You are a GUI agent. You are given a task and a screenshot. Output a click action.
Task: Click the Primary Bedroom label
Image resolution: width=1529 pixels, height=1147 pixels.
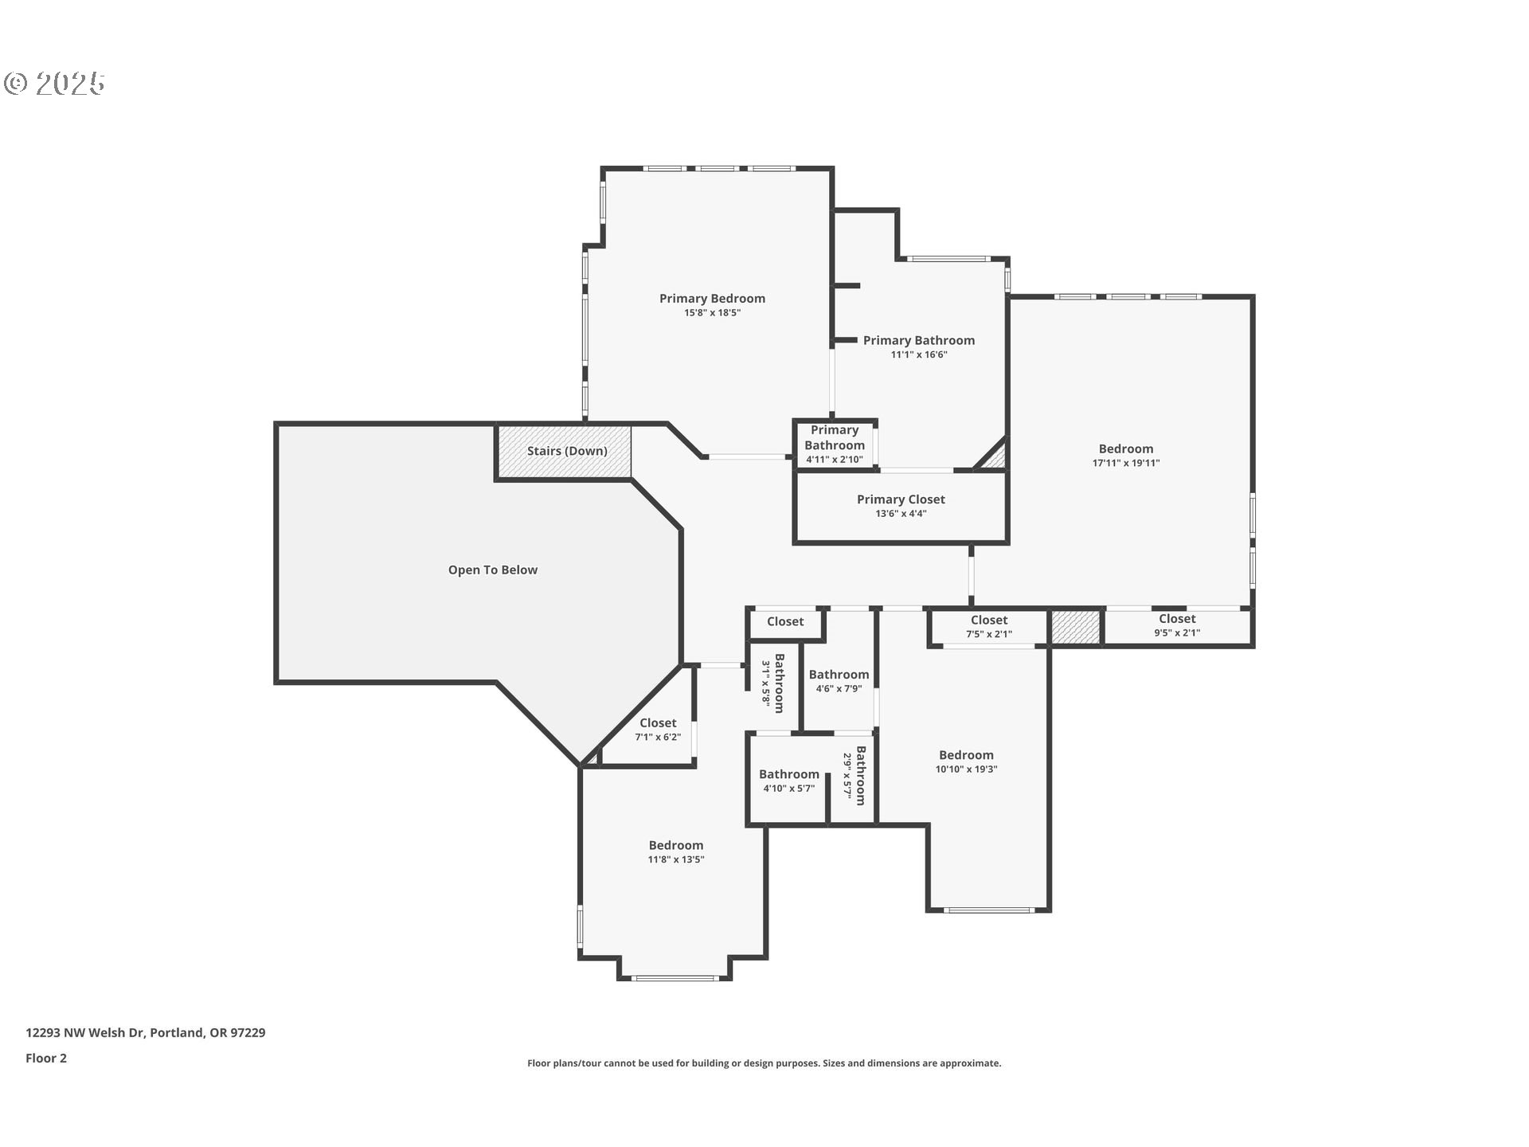(x=712, y=299)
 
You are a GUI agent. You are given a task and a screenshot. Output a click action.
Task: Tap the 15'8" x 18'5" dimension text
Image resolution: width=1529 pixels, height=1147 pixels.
(x=712, y=313)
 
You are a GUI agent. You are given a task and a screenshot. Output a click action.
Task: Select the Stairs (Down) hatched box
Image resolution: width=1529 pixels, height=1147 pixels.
(x=565, y=452)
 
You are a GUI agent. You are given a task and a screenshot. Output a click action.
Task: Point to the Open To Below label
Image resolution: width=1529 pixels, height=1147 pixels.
(x=492, y=570)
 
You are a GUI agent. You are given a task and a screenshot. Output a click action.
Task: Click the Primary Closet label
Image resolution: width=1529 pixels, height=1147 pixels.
(x=901, y=499)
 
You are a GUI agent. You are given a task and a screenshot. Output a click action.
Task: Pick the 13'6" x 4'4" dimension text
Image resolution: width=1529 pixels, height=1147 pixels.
(x=901, y=514)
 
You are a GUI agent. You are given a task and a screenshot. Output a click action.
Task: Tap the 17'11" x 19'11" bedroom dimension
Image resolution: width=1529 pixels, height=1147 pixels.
(x=1125, y=463)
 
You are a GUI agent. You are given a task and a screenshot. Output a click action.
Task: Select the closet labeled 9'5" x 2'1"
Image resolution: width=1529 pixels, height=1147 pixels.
(x=1177, y=626)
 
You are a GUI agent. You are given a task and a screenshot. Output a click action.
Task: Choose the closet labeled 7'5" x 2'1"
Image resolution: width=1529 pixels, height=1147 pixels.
(x=988, y=627)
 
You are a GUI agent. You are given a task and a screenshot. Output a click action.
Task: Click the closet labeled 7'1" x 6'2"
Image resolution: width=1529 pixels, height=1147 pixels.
(x=657, y=730)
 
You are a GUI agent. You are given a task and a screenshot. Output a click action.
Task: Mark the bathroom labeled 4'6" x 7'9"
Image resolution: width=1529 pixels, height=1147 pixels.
(x=839, y=681)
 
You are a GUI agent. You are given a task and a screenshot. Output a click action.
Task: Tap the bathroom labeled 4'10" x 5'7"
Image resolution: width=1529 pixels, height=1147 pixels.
(x=788, y=781)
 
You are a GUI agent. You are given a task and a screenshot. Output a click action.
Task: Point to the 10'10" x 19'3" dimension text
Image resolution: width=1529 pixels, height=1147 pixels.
(x=966, y=769)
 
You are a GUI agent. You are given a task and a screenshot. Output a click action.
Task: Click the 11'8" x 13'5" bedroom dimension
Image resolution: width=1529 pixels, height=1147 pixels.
(x=675, y=859)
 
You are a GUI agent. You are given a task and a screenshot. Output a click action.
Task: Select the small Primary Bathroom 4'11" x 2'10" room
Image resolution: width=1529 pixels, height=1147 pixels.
(x=834, y=444)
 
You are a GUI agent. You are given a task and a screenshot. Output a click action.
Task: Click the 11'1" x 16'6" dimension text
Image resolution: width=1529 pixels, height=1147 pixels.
(x=918, y=354)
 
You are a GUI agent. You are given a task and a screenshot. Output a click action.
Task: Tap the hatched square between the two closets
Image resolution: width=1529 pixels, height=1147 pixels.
(x=1075, y=627)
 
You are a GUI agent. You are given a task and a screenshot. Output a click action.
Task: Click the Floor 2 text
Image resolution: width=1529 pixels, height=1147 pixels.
(x=46, y=1058)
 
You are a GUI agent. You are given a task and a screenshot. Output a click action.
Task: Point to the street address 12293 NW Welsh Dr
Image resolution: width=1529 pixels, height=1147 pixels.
(x=145, y=1032)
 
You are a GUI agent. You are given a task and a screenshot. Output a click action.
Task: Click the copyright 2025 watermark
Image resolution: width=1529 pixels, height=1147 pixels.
(x=54, y=83)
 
